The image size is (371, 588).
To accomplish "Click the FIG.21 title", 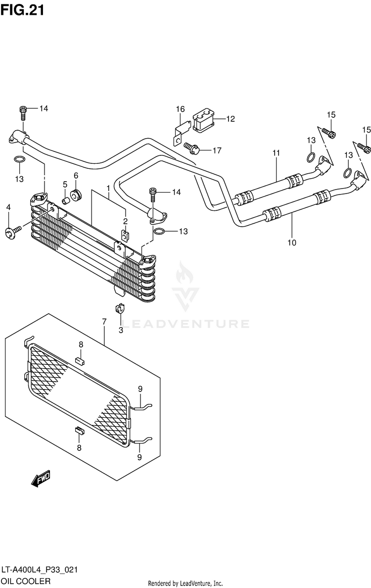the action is pos(22,10).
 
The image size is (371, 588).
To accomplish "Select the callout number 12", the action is pos(230,119).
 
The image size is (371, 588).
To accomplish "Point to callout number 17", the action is pos(217,151).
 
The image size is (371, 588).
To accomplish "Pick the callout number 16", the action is pos(180,109).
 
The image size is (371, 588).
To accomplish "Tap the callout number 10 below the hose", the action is pos(292,243).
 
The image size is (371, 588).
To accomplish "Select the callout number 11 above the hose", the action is pos(276,153).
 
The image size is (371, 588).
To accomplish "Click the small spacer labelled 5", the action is pos(66,199).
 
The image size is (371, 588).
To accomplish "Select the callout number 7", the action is pos(104,322).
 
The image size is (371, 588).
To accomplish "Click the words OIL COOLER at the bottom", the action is pos(26,581).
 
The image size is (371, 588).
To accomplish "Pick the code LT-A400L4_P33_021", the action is pos(40,570).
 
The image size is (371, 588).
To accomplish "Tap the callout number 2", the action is pos(126,221).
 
